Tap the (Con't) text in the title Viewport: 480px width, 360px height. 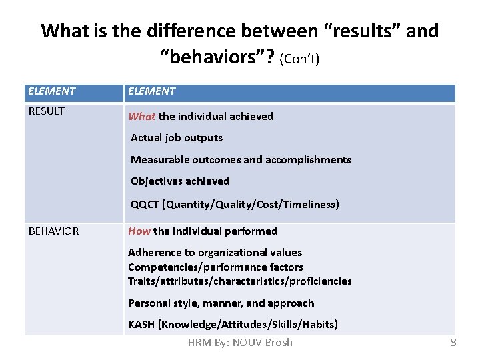click(300, 59)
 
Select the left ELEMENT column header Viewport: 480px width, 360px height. click(52, 91)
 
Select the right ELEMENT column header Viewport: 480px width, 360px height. click(152, 91)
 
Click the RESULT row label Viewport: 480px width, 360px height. click(47, 111)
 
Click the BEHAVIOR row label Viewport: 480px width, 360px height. click(53, 231)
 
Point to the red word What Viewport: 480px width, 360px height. click(141, 117)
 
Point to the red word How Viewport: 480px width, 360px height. click(139, 231)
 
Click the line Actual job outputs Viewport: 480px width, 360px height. click(177, 138)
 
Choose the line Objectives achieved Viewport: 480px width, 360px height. click(180, 181)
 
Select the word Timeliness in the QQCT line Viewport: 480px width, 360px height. click(309, 205)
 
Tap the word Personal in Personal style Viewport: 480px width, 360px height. click(149, 303)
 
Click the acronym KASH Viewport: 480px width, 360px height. click(141, 325)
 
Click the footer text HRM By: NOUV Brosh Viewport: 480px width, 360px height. click(240, 343)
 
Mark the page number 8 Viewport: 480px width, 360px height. click(453, 343)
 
